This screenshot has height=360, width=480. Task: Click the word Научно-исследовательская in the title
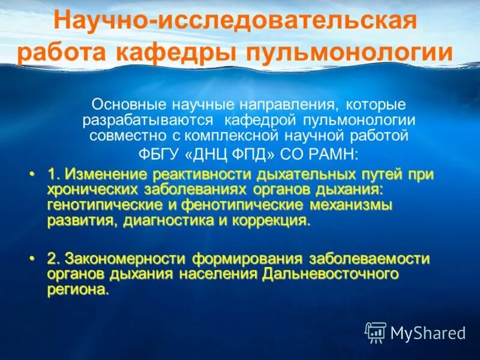pos(235,22)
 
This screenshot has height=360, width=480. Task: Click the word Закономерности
pos(125,259)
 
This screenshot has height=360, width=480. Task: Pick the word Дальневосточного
pos(331,274)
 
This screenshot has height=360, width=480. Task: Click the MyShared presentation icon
pos(376,332)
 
